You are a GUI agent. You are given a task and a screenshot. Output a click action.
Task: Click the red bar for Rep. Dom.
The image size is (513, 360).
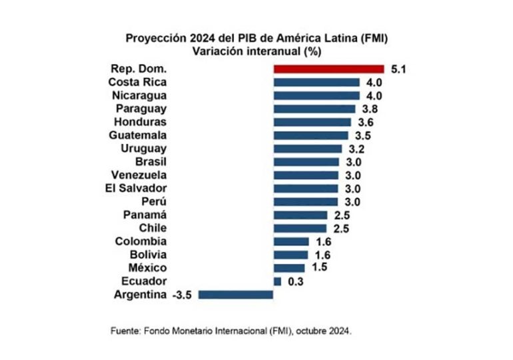(328, 69)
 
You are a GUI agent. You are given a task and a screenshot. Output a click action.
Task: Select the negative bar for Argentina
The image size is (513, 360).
(236, 294)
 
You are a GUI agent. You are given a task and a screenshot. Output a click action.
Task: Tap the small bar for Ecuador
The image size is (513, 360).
(277, 281)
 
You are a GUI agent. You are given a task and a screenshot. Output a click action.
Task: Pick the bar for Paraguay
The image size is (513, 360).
(314, 109)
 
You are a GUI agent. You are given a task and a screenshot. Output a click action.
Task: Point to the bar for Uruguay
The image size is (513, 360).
(308, 149)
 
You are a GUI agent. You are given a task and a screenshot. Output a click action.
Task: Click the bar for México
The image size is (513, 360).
(289, 267)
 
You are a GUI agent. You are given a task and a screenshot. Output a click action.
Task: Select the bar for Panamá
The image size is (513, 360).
(300, 215)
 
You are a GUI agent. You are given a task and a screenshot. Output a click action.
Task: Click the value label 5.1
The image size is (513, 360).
(399, 69)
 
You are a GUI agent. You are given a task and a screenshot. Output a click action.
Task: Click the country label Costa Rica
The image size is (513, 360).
(137, 82)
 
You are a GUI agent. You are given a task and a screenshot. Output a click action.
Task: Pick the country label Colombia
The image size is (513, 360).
(141, 241)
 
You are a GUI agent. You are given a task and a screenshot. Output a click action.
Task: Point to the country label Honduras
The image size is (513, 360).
(140, 122)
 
